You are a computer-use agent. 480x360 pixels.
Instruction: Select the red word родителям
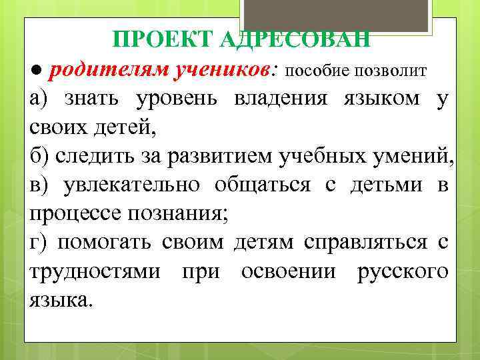100,69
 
